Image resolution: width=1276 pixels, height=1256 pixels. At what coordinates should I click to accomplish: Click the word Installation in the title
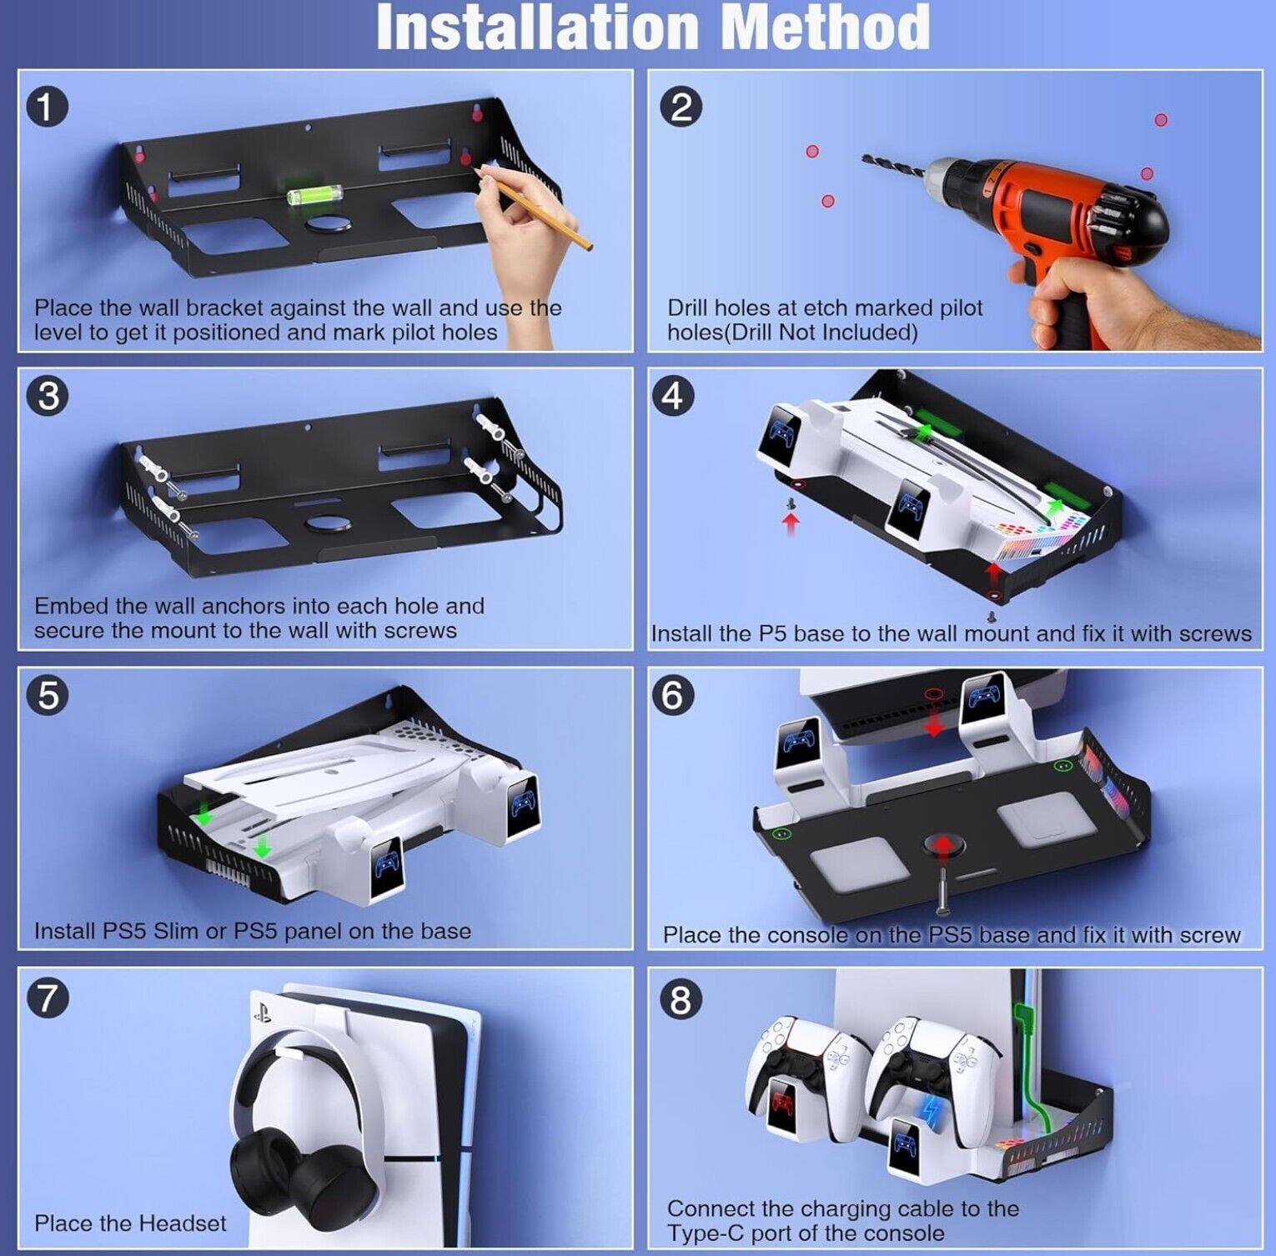[x=537, y=28]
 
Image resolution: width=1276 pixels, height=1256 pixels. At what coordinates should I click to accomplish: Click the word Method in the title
[x=826, y=28]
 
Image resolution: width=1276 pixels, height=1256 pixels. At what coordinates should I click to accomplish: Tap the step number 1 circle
[x=47, y=108]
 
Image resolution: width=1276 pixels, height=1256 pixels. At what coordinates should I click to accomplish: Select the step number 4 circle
[x=672, y=396]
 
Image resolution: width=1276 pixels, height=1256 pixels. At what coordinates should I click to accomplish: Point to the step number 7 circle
[x=47, y=998]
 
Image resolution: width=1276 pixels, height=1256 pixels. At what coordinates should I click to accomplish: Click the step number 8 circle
[x=681, y=998]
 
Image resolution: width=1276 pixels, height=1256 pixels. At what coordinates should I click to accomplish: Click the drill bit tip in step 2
[x=863, y=158]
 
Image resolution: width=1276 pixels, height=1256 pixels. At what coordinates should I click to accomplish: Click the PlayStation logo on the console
[x=262, y=1014]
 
